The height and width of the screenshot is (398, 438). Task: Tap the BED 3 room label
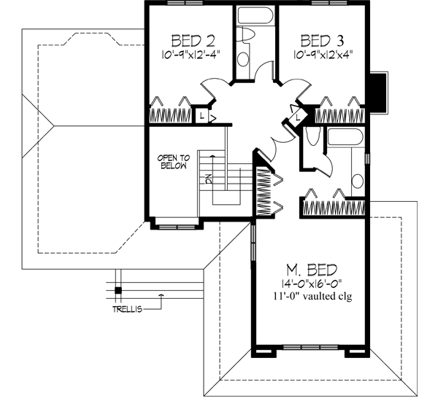click(x=322, y=39)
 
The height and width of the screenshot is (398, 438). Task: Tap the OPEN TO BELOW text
click(x=174, y=161)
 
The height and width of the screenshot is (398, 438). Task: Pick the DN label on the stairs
click(x=210, y=179)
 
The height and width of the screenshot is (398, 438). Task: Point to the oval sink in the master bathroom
click(x=358, y=181)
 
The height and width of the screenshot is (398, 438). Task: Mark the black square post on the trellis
click(x=117, y=292)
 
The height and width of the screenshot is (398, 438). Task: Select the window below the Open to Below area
click(x=174, y=227)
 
